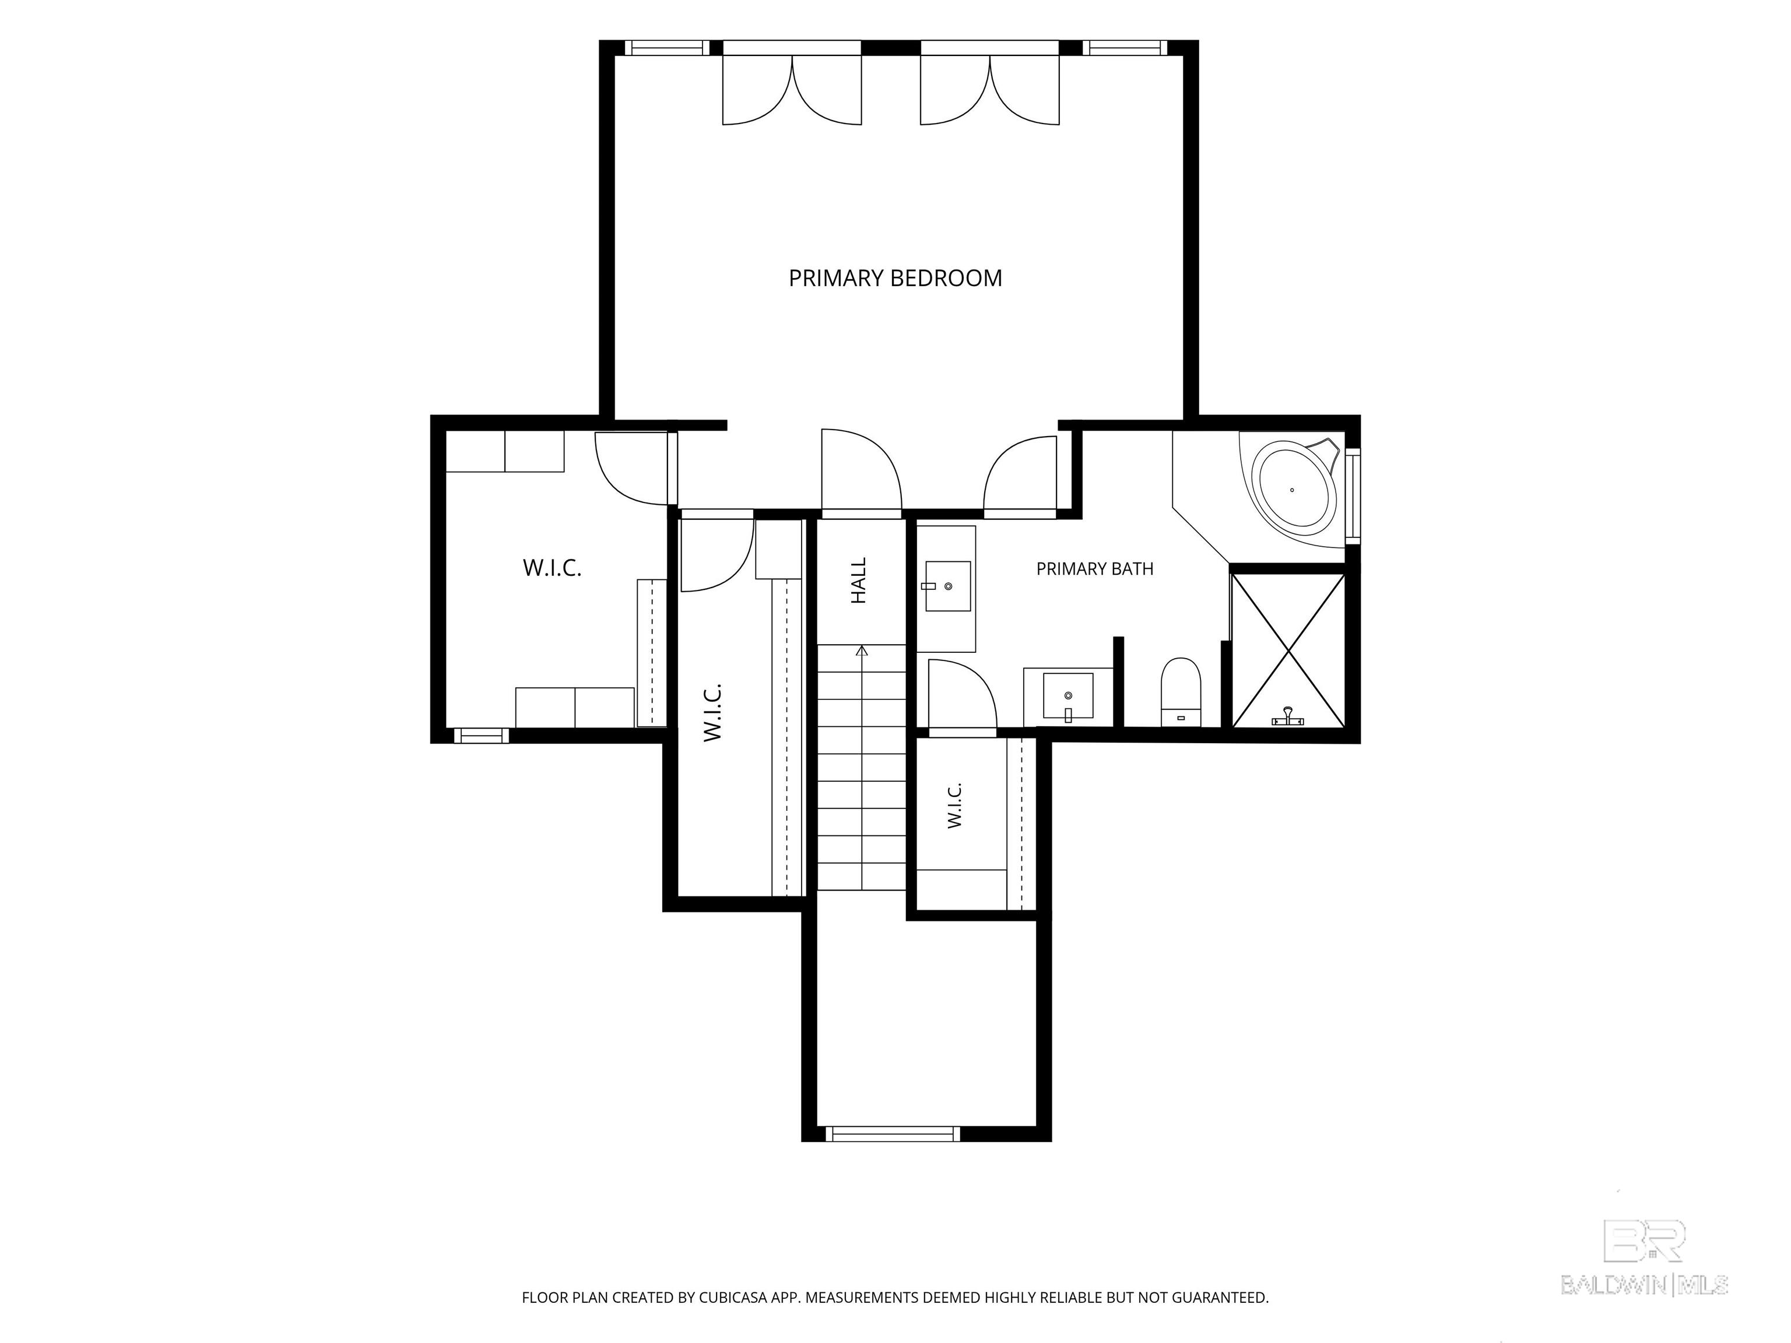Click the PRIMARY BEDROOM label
click(x=895, y=279)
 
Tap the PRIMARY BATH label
click(x=1095, y=569)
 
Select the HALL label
click(x=859, y=581)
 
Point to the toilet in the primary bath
click(x=1181, y=691)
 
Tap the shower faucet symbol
click(x=1287, y=718)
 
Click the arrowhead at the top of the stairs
click(x=862, y=649)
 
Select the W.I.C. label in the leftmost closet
click(x=552, y=568)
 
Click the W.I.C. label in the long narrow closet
click(x=712, y=712)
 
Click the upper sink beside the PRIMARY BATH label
click(x=948, y=586)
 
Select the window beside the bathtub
click(x=1353, y=495)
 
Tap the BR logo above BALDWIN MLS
click(x=1645, y=1240)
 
